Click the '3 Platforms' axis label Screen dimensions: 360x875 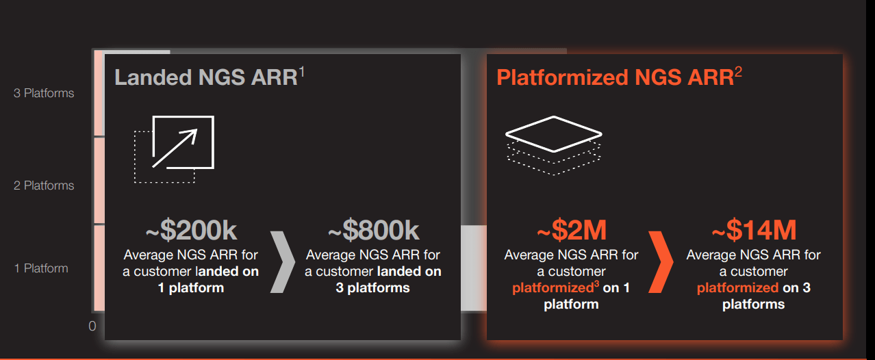[44, 93]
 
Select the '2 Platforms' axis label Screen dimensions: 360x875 [44, 185]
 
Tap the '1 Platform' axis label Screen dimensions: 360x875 [41, 268]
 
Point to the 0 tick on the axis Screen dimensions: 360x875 [92, 326]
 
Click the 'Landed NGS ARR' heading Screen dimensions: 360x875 [205, 77]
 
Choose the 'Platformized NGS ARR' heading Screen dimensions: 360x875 [615, 77]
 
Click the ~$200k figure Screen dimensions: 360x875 [191, 231]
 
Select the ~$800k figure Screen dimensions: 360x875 [373, 231]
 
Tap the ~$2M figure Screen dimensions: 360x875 [571, 231]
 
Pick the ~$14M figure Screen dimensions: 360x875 [753, 231]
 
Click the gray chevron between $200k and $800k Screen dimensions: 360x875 [282, 261]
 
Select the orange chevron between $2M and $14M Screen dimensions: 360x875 [661, 261]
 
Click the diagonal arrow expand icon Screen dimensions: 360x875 [175, 149]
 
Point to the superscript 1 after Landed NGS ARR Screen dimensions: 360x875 [301, 71]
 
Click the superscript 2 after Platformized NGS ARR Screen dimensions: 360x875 [738, 71]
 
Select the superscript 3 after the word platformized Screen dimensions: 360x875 [597, 282]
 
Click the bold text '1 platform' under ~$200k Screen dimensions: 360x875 [191, 288]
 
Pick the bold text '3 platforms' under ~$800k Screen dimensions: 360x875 [373, 288]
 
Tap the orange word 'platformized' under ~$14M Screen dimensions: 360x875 [737, 288]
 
